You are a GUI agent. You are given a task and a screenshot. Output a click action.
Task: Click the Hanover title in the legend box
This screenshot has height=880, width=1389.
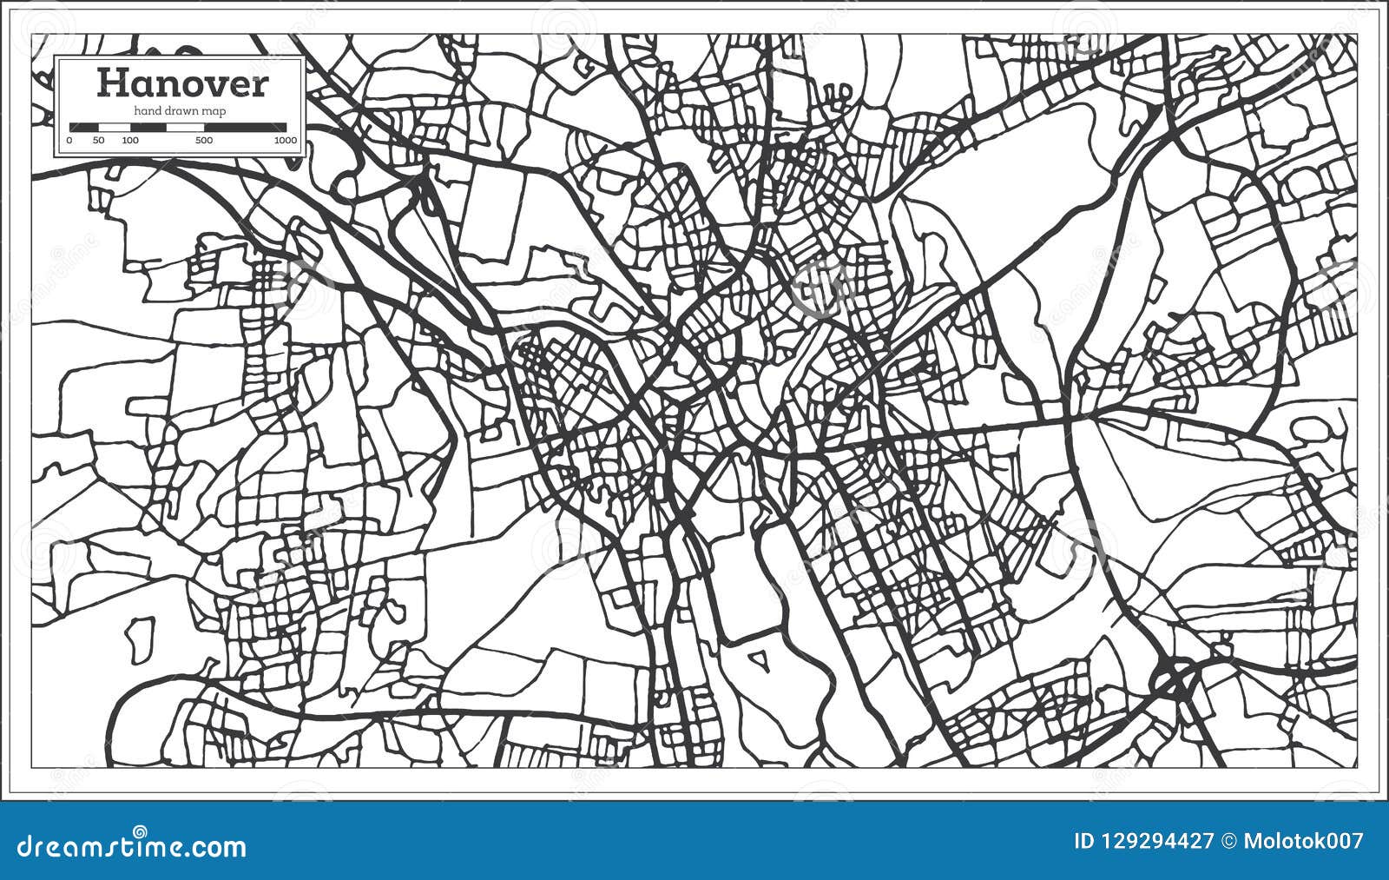pos(182,83)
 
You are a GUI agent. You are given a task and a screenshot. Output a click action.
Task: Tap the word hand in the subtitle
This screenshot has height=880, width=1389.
pos(144,110)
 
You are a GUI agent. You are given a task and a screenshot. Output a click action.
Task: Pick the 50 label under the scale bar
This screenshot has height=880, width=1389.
pos(98,140)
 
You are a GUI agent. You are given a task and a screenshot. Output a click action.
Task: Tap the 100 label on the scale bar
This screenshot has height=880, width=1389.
pos(130,140)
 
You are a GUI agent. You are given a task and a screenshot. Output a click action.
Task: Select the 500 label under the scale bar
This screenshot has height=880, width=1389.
pos(203,140)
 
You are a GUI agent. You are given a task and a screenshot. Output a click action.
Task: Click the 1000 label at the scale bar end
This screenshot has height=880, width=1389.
pos(285,140)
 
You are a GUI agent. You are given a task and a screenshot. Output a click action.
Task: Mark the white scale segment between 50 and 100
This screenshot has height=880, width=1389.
pos(114,127)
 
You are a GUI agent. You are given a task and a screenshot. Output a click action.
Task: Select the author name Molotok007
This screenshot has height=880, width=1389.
pos(1304,841)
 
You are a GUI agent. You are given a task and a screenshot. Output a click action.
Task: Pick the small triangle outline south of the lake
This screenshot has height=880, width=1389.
pos(760,663)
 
